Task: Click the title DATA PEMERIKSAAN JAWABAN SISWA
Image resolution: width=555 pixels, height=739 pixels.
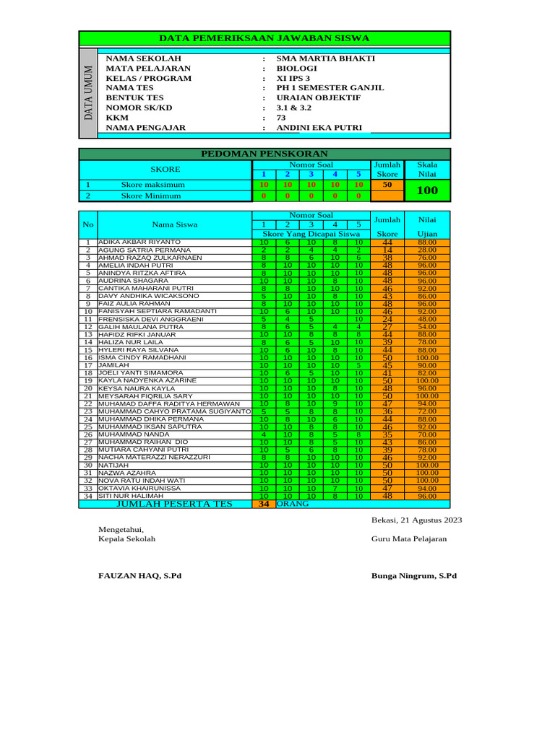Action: click(x=264, y=38)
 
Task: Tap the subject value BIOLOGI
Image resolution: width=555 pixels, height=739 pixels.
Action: click(x=297, y=69)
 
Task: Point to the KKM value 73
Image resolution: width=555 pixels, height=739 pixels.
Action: click(x=282, y=118)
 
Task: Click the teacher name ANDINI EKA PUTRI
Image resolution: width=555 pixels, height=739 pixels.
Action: click(x=319, y=128)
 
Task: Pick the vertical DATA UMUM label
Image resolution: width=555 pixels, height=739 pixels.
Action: click(x=87, y=93)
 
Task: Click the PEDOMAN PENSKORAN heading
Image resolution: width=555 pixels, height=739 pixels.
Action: click(x=264, y=154)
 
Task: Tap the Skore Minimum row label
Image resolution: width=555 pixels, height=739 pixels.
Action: click(x=152, y=196)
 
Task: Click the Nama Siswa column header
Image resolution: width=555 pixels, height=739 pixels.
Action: click(x=174, y=225)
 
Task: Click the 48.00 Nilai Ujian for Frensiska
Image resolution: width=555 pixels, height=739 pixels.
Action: click(x=427, y=319)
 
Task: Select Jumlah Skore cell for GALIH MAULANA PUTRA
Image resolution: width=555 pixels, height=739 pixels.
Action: click(x=387, y=327)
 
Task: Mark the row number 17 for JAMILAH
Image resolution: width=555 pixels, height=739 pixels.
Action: click(x=87, y=365)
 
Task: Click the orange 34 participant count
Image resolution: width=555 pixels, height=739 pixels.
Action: click(x=264, y=504)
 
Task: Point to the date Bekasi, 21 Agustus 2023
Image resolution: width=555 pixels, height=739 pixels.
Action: click(x=416, y=520)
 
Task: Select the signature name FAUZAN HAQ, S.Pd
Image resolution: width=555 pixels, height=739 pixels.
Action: click(x=140, y=576)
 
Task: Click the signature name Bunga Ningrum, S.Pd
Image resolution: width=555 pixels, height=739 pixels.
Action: click(x=414, y=576)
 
